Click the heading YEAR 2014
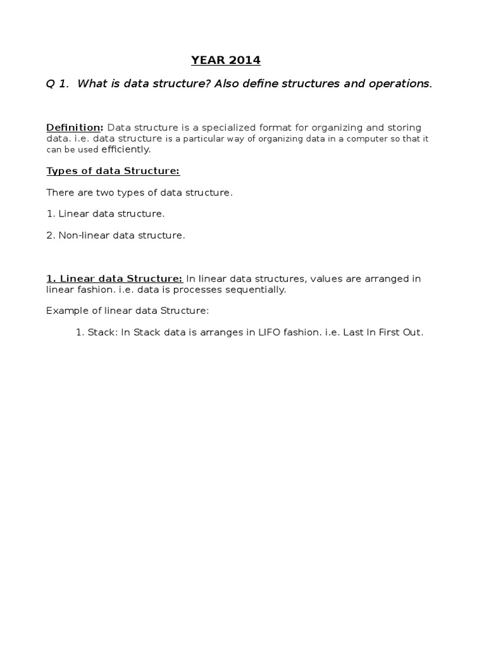226,61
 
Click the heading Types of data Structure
113,171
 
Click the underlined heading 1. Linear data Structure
115,278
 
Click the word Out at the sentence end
412,332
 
